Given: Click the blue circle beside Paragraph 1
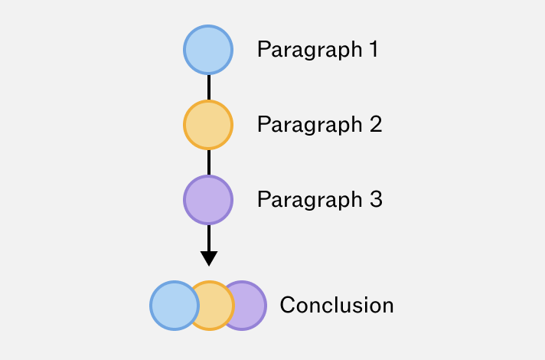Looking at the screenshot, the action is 208,50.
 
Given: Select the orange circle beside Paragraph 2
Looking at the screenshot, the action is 208,125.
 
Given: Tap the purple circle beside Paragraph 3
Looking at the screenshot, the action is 208,200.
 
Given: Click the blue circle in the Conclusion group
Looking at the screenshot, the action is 175,306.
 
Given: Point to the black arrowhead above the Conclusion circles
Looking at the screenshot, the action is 209,258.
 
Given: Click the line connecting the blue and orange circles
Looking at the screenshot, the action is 209,87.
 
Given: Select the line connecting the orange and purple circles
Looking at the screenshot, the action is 209,162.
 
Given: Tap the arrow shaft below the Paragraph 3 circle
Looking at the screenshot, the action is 209,238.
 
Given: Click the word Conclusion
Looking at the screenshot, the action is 337,306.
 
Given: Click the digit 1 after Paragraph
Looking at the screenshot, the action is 374,49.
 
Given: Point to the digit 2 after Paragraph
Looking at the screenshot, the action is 376,124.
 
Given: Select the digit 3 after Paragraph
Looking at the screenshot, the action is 376,199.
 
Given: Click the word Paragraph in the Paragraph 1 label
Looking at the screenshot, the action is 310,51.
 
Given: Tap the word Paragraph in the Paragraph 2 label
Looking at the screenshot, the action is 310,126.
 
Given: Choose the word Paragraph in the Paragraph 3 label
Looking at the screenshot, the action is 310,201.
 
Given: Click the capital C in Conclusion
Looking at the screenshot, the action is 288,305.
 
